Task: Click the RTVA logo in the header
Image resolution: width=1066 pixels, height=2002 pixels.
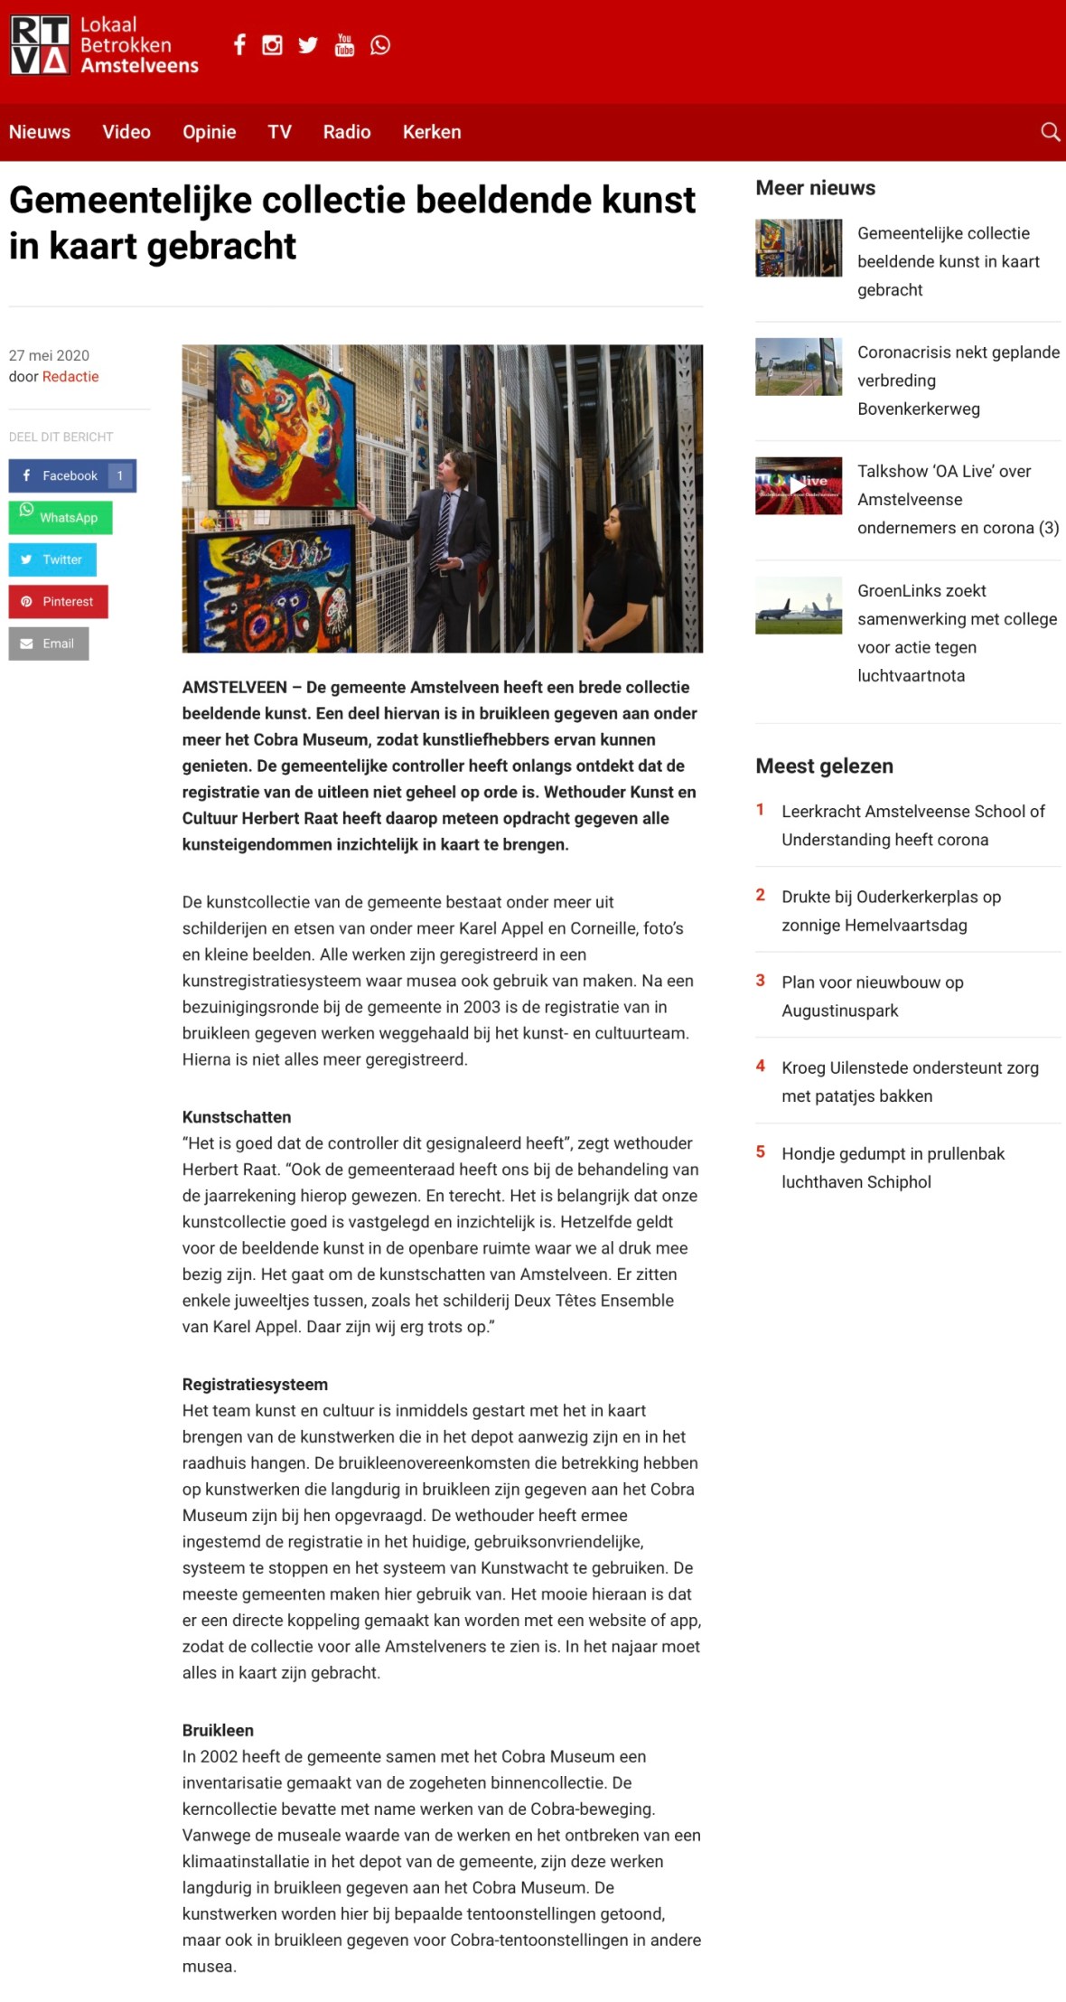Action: click(40, 45)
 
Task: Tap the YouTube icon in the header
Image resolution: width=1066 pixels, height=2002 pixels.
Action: click(344, 45)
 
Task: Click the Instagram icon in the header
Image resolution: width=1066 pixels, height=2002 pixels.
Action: click(272, 45)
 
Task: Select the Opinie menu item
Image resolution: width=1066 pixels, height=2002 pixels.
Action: click(209, 132)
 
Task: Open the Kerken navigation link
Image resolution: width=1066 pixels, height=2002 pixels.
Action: click(432, 132)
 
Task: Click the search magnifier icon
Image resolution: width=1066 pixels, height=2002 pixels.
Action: click(1050, 132)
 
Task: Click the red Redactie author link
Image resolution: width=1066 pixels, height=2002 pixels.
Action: click(70, 377)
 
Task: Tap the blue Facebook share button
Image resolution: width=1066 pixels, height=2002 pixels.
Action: click(72, 475)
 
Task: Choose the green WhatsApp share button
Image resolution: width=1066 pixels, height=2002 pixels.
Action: click(61, 518)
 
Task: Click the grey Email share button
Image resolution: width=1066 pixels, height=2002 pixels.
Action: click(49, 644)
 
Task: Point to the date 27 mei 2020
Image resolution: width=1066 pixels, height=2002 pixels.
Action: click(49, 355)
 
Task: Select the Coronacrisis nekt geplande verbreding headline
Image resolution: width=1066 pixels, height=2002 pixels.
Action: click(958, 381)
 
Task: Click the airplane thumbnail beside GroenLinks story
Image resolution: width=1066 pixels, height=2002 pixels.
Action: click(799, 605)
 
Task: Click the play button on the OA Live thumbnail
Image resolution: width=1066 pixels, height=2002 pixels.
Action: click(798, 485)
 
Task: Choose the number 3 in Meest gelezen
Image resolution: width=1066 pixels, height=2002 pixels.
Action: click(761, 981)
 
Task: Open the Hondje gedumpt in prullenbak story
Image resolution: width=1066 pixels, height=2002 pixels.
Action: click(893, 1167)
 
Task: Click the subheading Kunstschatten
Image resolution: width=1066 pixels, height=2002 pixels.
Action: click(237, 1117)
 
